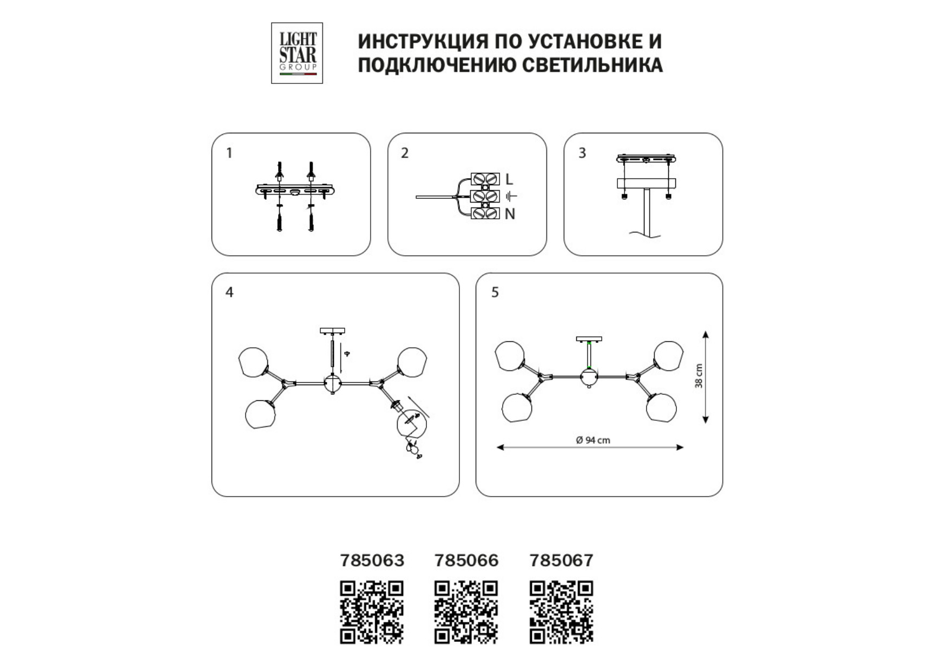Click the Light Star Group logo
click(297, 53)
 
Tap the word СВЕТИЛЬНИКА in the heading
click(593, 65)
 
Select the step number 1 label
click(229, 153)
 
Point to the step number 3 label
click(582, 153)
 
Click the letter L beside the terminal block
click(509, 179)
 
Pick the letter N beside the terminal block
click(510, 214)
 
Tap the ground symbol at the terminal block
click(511, 196)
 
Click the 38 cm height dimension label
click(699, 376)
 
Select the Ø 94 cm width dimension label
click(593, 440)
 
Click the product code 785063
click(372, 560)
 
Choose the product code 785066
click(466, 560)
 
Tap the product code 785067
click(561, 560)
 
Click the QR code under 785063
click(372, 613)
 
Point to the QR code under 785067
click(561, 613)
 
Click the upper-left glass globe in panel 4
click(253, 362)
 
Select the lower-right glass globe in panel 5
click(661, 407)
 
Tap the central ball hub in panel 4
click(332, 383)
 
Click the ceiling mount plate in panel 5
click(589, 339)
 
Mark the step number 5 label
click(495, 292)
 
